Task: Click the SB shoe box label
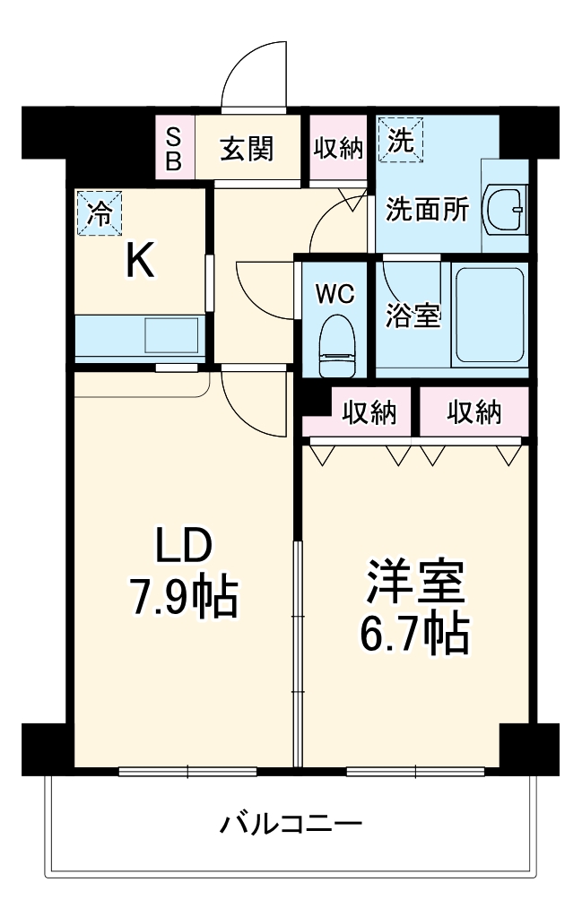[175, 148]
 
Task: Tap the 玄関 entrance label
[247, 148]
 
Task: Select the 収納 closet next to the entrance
[338, 148]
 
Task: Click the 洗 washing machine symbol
[401, 140]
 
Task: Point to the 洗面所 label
[427, 209]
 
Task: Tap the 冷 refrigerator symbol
[100, 213]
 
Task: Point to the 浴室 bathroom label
[413, 316]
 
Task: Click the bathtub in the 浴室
[489, 315]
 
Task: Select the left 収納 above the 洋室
[369, 412]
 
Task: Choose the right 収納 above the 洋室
[473, 412]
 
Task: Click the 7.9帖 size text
[184, 597]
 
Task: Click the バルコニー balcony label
[291, 822]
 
